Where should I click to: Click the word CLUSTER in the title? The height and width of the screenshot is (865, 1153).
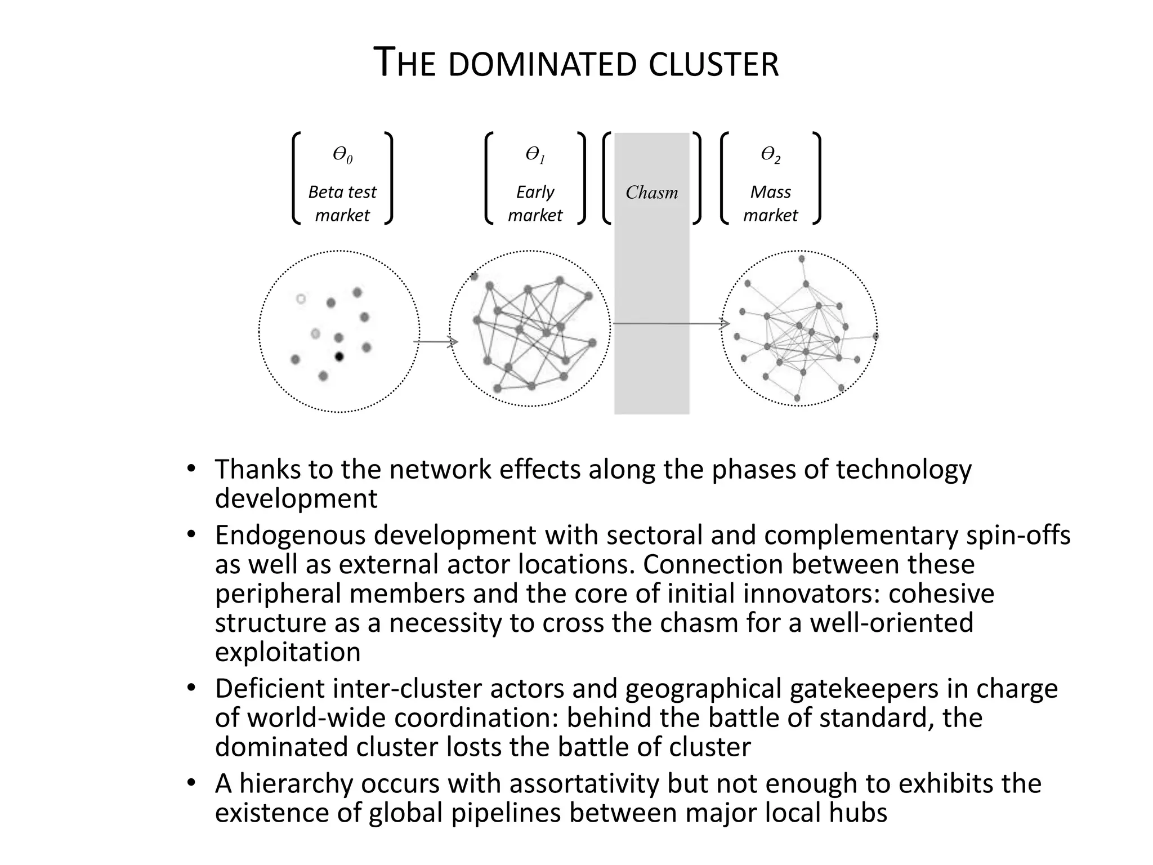coord(713,64)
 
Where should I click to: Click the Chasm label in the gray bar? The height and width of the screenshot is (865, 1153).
coord(651,193)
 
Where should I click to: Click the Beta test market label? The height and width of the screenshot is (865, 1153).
coord(342,203)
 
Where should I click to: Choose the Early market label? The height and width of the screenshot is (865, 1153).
coord(535,203)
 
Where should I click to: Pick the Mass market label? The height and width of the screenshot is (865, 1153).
coord(770,203)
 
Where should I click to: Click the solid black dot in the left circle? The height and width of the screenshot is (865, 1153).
coord(339,356)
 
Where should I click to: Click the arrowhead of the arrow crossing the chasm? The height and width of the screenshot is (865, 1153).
coord(725,323)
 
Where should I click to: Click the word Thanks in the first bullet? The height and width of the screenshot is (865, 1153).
coord(256,469)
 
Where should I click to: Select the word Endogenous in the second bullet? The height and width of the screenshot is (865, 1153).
coord(290,535)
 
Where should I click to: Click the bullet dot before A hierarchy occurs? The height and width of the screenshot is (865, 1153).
coord(191,783)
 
